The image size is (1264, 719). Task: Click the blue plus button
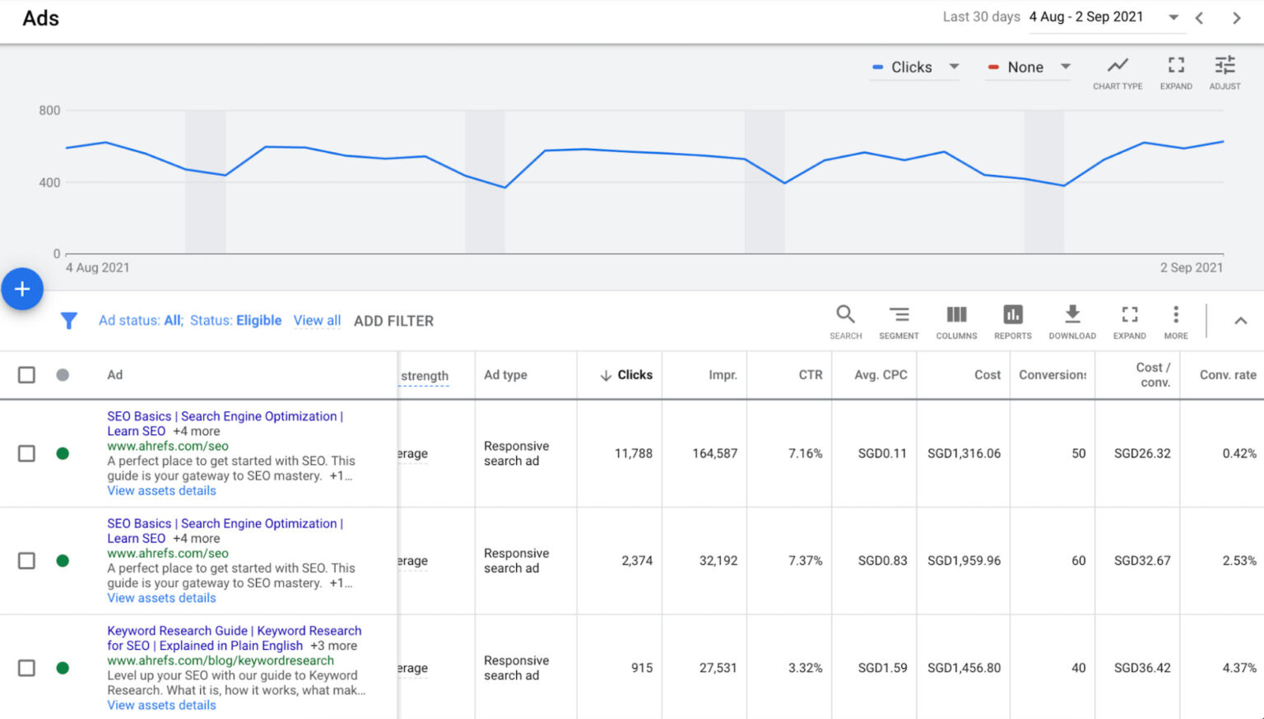[x=22, y=289]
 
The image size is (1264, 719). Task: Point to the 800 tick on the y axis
[x=49, y=110]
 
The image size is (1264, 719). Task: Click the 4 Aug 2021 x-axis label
[x=97, y=267]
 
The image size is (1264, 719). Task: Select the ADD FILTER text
[x=393, y=321]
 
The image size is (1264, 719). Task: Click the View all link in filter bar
[x=317, y=320]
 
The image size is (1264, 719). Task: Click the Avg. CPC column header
[x=881, y=375]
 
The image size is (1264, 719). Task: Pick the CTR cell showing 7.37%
[x=805, y=561]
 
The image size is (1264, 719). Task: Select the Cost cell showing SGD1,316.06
[x=964, y=453]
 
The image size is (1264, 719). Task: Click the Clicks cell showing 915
[x=642, y=668]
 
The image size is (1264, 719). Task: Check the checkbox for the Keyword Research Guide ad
[x=26, y=668]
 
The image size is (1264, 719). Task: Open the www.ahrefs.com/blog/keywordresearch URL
[x=221, y=661]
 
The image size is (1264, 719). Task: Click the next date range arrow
[x=1236, y=18]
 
